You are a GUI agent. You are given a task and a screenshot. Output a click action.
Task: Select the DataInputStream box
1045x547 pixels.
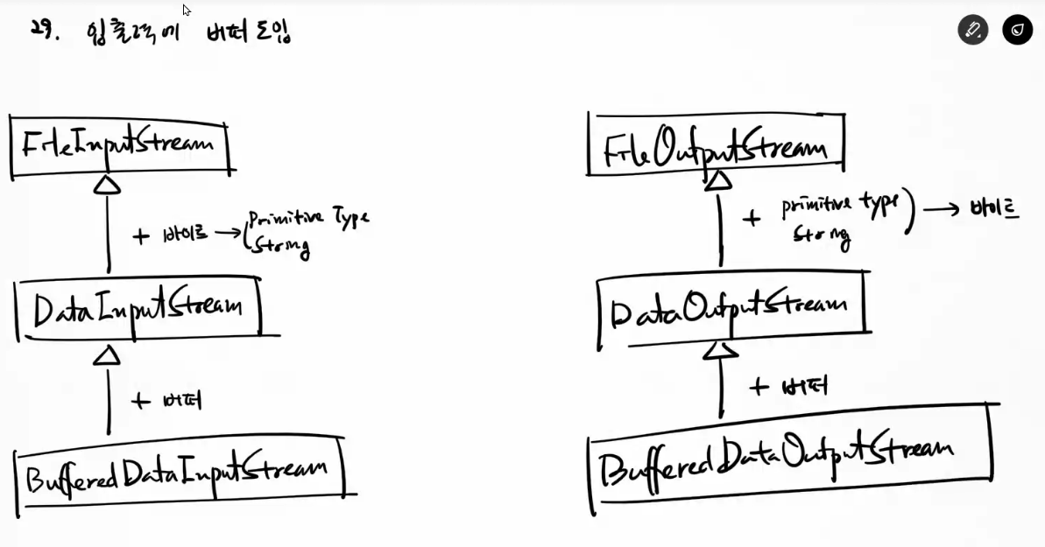[138, 307]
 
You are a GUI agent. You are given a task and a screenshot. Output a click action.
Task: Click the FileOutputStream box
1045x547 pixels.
[716, 145]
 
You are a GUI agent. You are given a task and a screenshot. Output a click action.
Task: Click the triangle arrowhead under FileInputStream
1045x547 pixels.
[107, 184]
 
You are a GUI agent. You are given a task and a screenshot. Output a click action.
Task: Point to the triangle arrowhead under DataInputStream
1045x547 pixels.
[107, 354]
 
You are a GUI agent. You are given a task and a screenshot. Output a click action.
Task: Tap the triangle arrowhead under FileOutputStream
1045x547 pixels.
[718, 179]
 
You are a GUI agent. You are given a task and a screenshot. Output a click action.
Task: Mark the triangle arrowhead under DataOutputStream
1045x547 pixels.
[721, 350]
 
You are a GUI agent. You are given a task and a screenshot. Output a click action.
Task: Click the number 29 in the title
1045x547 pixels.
[41, 30]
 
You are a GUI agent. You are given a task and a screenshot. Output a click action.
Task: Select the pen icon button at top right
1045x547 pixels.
[972, 30]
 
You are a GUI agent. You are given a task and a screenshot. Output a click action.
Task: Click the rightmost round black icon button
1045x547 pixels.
[1017, 30]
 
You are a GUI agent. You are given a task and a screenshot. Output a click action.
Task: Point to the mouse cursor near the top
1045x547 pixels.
[187, 11]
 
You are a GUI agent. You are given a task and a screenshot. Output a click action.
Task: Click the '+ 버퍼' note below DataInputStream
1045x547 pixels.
[166, 401]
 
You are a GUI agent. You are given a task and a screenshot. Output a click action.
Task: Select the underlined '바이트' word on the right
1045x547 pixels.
[994, 210]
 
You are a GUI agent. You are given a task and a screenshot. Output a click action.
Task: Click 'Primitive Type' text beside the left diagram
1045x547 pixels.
[308, 218]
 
